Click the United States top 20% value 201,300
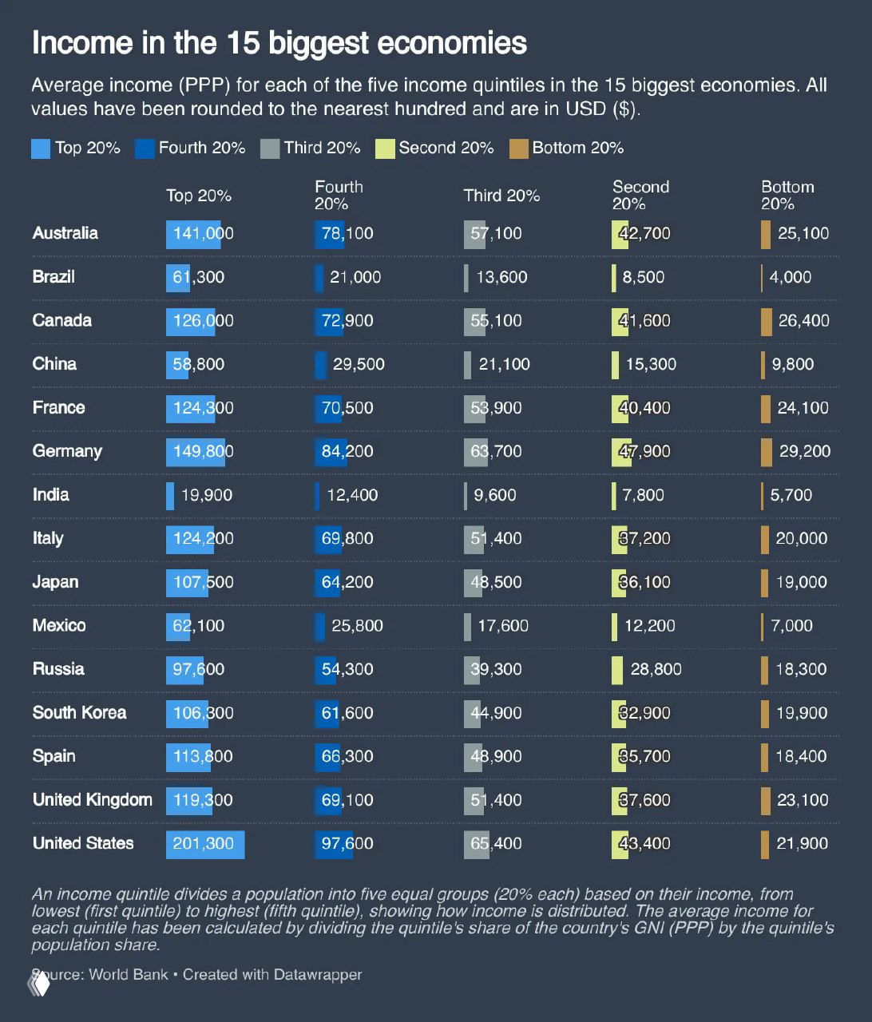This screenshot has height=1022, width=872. pos(204,844)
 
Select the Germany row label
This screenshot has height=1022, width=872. pos(67,451)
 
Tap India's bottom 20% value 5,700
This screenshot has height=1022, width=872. pos(791,495)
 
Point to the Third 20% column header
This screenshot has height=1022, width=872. pos(501,196)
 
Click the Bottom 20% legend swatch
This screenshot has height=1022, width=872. pos(519,149)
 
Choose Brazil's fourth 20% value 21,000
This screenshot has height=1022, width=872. pos(355,277)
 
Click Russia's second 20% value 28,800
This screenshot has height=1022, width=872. pos(656,669)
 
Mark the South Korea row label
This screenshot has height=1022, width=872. pos(79,713)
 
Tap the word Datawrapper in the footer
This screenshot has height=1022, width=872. pos(317,975)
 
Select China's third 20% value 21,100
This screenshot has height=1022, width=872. pos(504,364)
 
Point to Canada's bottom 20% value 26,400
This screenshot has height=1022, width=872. pos(803,321)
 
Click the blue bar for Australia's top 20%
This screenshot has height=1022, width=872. pos(193,234)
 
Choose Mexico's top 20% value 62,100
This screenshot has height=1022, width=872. pos(199,626)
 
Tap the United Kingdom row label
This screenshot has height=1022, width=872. pos(92,800)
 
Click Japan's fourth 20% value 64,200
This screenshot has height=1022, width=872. pos(347,582)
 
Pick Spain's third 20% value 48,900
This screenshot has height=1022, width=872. pos(496,756)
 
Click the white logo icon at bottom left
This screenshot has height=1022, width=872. pos(39,984)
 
